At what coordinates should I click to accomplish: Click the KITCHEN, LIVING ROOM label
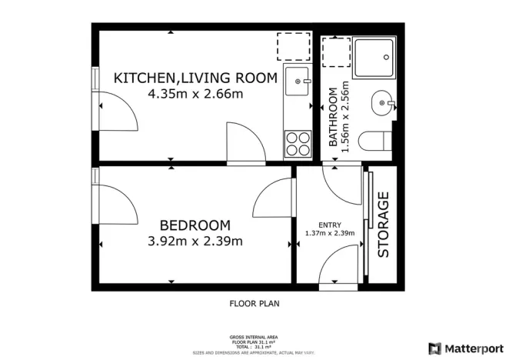click(195, 77)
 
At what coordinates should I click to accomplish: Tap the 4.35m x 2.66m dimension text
click(195, 94)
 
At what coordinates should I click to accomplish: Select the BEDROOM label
click(195, 225)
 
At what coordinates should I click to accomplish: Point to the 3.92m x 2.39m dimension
click(195, 241)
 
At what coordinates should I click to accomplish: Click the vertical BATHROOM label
click(333, 117)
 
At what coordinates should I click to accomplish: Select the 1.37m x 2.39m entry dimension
click(329, 233)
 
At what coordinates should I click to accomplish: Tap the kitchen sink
click(297, 79)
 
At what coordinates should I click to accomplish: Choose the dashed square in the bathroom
click(335, 52)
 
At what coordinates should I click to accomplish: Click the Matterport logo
click(464, 347)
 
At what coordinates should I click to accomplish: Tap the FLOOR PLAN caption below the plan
click(254, 303)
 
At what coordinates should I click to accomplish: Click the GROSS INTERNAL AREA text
click(254, 337)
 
